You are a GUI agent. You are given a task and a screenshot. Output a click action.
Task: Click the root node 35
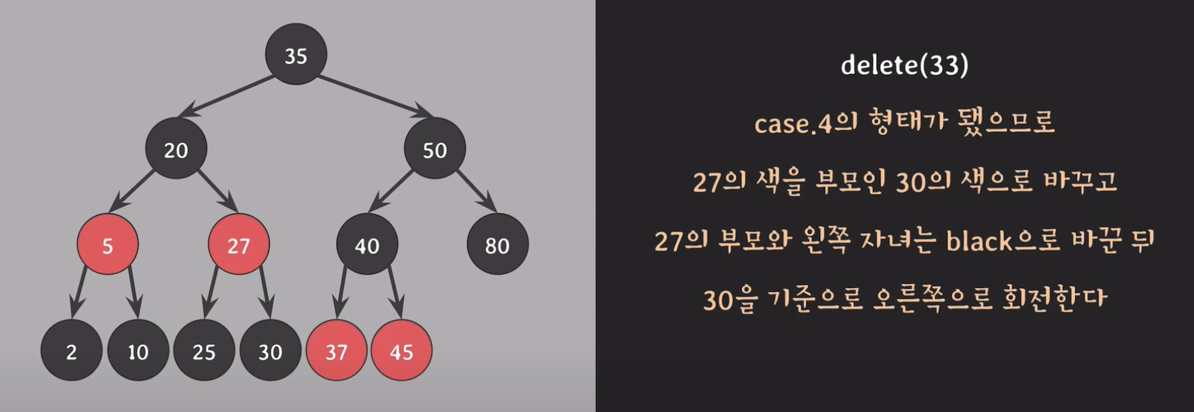point(296,54)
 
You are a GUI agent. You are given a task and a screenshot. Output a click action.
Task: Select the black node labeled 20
point(176,149)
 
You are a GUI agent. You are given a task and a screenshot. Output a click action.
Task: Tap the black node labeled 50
point(435,149)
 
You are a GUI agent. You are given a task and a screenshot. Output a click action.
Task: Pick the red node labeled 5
point(107,245)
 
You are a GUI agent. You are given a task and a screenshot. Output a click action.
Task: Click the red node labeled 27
point(238,245)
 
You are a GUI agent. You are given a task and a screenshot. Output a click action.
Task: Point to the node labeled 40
point(367,245)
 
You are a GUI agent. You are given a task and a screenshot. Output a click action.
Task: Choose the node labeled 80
point(497,245)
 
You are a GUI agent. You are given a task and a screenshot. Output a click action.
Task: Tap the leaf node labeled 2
point(71,351)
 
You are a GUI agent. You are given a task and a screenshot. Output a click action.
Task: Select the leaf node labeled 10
point(137,351)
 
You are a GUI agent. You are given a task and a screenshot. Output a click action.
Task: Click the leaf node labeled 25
point(204,351)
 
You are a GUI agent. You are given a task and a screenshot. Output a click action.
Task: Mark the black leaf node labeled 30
point(270,351)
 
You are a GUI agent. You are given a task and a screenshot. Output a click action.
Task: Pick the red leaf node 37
point(336,351)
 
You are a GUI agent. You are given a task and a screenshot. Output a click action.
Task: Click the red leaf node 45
point(401,351)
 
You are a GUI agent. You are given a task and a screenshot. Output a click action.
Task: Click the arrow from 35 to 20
point(227,96)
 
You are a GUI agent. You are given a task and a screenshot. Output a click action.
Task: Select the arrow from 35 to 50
point(374,96)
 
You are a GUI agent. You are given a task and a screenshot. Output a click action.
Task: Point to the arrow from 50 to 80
point(476,190)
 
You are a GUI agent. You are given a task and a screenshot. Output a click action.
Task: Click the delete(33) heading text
point(904,65)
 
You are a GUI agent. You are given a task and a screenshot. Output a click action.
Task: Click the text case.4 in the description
point(793,123)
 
